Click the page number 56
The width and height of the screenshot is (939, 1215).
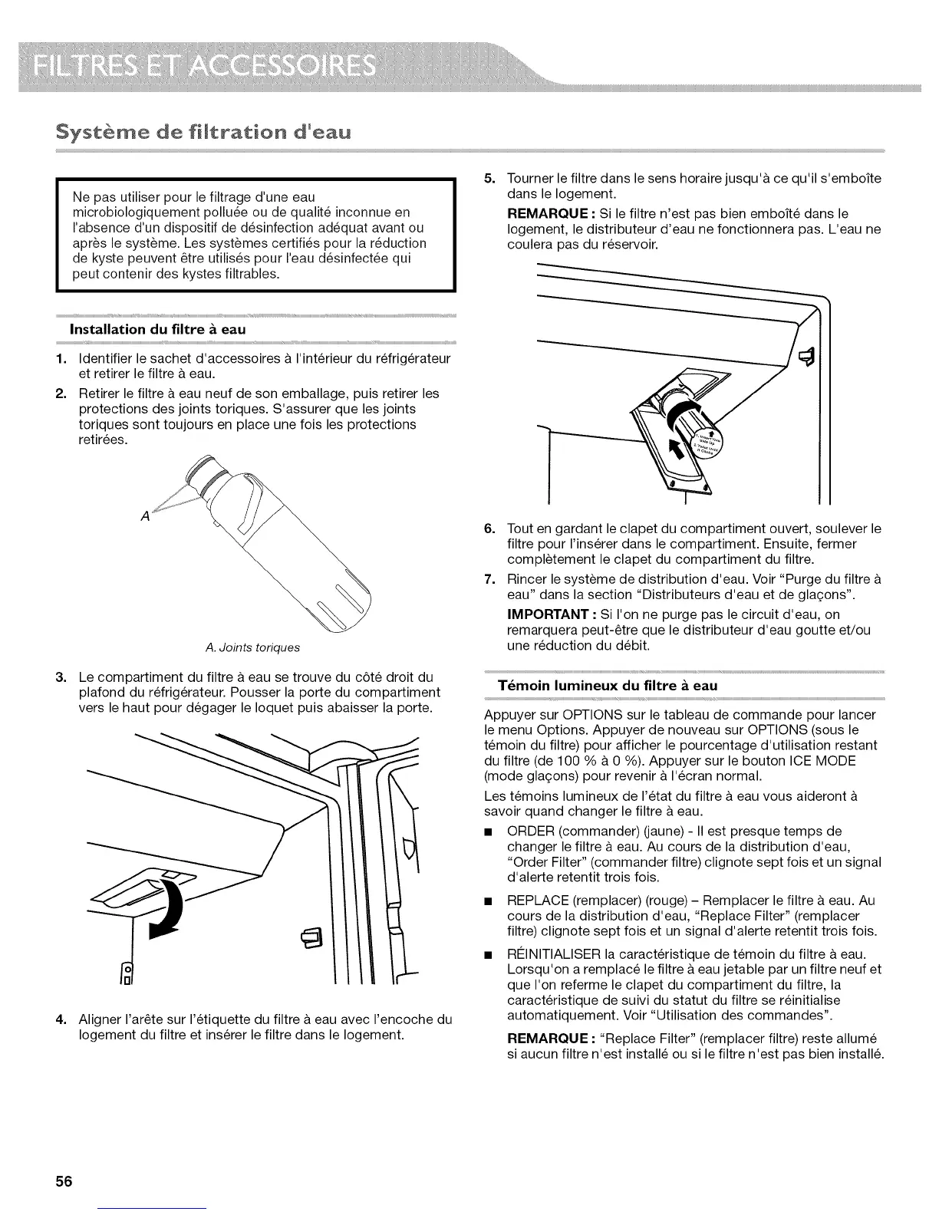[63, 1180]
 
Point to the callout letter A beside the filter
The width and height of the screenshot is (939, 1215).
[146, 516]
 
